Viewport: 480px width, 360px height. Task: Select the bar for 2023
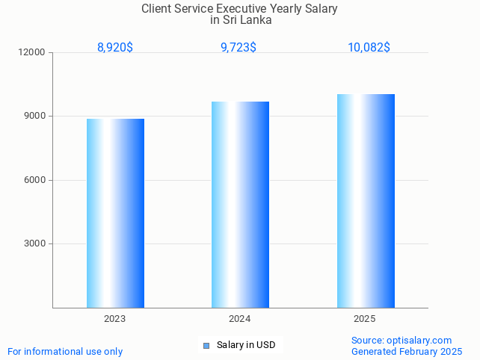click(115, 213)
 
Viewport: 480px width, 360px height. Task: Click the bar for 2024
click(240, 204)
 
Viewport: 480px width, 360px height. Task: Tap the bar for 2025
click(366, 200)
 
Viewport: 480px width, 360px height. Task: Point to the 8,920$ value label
click(115, 48)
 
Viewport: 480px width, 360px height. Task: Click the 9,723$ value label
click(239, 48)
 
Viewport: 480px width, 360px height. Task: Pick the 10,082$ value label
click(369, 48)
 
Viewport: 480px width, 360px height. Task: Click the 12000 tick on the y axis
click(33, 53)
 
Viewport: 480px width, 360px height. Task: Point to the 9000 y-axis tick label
click(35, 117)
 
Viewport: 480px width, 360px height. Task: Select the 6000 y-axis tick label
click(35, 180)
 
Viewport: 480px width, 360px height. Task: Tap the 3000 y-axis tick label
click(35, 243)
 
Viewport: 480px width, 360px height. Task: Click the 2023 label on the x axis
click(114, 319)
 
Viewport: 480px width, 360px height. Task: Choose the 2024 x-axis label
click(239, 319)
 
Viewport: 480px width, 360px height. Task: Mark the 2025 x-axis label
click(364, 319)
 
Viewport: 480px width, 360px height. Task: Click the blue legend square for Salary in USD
click(206, 345)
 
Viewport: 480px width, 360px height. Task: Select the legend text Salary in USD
click(246, 345)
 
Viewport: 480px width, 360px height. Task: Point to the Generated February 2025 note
click(407, 352)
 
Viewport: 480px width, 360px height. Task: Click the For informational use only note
click(65, 352)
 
